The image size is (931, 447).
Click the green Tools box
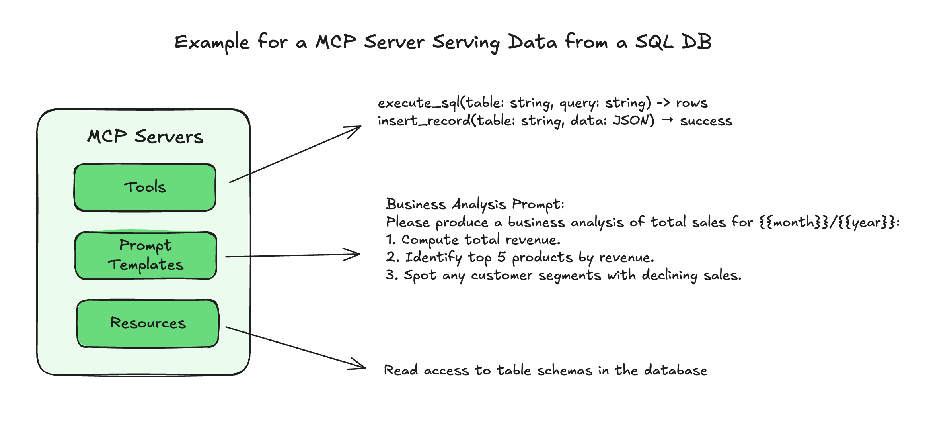pos(145,187)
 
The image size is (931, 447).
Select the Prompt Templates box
pos(146,255)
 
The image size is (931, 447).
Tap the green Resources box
pos(148,323)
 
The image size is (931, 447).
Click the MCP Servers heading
pos(145,137)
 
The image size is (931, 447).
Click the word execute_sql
pos(418,103)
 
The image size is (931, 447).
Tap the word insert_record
pos(424,121)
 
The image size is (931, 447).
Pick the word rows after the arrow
pos(691,103)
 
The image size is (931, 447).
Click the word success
pos(706,121)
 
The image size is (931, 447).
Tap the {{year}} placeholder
pos(867,222)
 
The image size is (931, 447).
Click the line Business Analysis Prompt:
pos(475,204)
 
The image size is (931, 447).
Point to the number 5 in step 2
pos(502,257)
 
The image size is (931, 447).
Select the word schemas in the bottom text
pos(565,371)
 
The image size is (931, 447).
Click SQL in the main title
pos(654,42)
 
